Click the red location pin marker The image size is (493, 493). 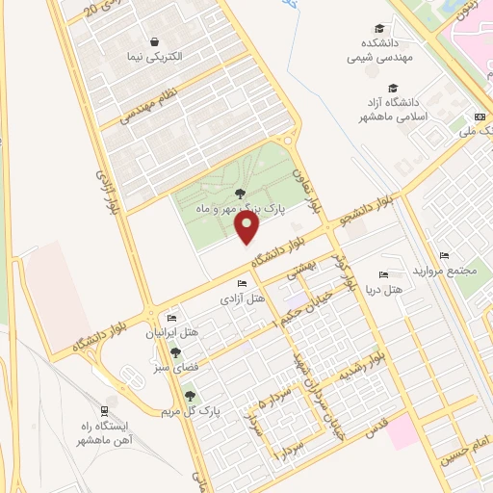point(247,227)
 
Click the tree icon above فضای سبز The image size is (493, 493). point(174,352)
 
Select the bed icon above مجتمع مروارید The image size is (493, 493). point(444,255)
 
